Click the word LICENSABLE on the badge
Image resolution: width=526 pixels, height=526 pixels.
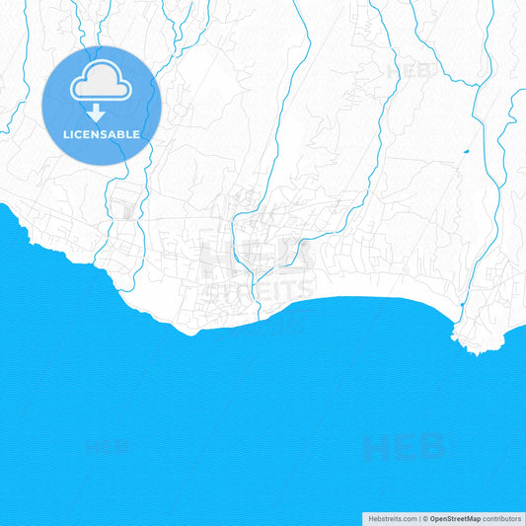coord(101,132)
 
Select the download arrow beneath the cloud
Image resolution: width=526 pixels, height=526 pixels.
coord(96,113)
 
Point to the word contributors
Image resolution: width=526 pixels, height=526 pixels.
coord(501,518)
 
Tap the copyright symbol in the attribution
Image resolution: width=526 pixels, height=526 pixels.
coord(425,518)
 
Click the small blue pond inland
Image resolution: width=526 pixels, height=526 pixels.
coord(465,151)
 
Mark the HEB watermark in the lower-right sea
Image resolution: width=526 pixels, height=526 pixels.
coord(404,447)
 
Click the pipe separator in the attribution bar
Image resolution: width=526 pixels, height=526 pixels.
coord(419,518)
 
